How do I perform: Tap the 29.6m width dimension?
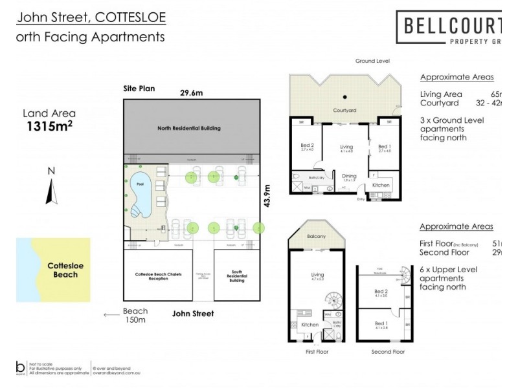pyautogui.click(x=191, y=92)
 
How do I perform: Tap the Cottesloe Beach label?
pyautogui.click(x=62, y=270)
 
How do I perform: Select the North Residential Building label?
pyautogui.click(x=188, y=128)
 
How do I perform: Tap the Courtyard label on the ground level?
pyautogui.click(x=344, y=111)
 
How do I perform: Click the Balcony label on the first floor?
pyautogui.click(x=316, y=237)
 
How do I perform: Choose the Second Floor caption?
pyautogui.click(x=388, y=352)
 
